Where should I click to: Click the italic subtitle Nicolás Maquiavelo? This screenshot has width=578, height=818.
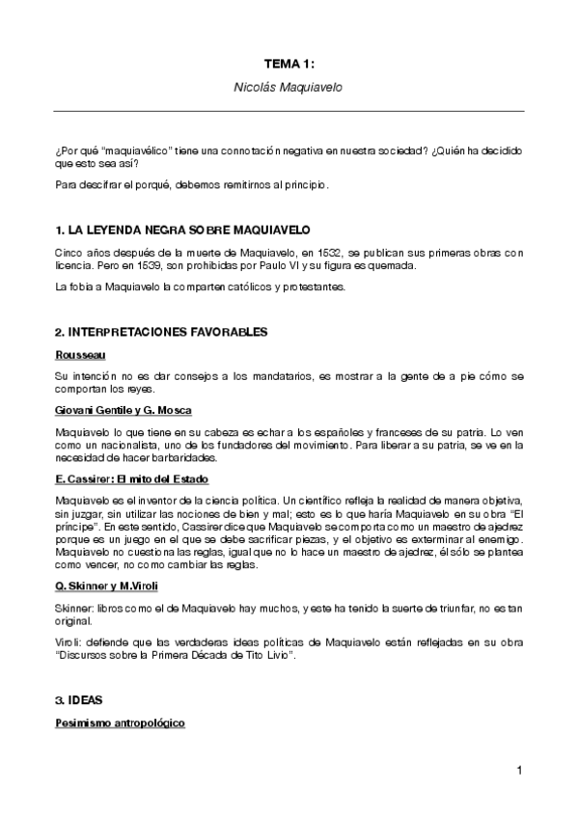tap(289, 87)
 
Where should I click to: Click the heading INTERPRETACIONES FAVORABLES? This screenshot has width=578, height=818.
tap(161, 332)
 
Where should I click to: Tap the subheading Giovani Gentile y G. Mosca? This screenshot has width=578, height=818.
tap(124, 410)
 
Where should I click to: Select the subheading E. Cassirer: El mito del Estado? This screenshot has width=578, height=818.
tap(132, 479)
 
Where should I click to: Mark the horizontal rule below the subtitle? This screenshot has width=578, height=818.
tap(289, 111)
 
